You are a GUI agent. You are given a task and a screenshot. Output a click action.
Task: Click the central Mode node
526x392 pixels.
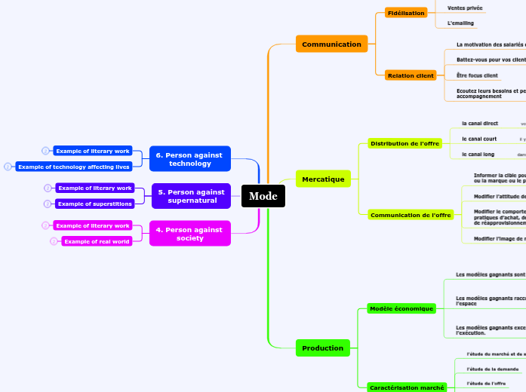(x=263, y=196)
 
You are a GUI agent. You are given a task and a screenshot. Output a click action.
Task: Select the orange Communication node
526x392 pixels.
(x=331, y=44)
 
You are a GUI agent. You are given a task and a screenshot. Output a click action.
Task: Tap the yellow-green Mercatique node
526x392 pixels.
(x=323, y=179)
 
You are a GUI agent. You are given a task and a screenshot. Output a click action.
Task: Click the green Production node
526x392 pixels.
(x=322, y=348)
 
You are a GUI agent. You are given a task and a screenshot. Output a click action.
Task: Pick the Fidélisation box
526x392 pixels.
(x=406, y=13)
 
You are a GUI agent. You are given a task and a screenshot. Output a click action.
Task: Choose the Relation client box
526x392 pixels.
(x=411, y=75)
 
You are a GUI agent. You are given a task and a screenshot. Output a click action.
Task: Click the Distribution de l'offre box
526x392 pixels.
(x=405, y=143)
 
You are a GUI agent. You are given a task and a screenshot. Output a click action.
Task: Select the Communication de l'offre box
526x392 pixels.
(x=411, y=215)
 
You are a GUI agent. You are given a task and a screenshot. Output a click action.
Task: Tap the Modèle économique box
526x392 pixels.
(x=401, y=308)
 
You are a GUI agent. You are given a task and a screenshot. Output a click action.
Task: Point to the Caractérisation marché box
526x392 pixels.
(x=407, y=387)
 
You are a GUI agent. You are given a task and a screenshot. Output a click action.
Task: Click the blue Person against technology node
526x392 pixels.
(x=189, y=159)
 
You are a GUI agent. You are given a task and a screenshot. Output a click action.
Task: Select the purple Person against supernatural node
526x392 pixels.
(x=191, y=196)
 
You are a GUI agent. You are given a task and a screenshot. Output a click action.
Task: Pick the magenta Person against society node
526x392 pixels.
(x=189, y=234)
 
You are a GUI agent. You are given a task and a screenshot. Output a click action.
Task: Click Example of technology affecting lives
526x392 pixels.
(x=74, y=167)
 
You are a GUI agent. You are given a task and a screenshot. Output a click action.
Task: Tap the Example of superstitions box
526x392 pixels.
(x=95, y=204)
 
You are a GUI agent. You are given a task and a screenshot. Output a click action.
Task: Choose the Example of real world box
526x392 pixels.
(x=97, y=241)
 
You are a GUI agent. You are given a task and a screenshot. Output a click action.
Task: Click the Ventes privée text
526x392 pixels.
(x=465, y=8)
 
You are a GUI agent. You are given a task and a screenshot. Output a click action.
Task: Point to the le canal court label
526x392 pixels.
(x=479, y=139)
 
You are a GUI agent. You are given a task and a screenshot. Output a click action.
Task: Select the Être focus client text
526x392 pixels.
(x=477, y=75)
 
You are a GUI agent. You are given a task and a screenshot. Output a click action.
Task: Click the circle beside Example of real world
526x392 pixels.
(x=54, y=241)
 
